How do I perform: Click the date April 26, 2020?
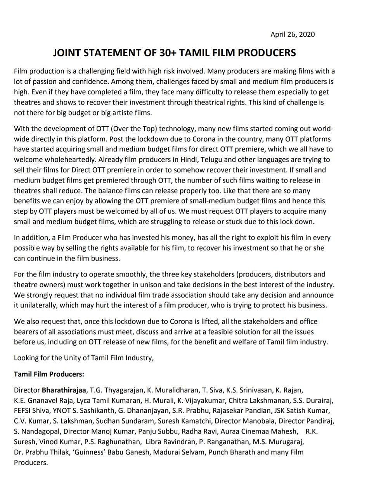pos(293,35)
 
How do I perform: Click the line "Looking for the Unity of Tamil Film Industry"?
pos(84,358)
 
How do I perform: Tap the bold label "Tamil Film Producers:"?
pos(49,374)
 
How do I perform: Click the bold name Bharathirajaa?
pos(64,390)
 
